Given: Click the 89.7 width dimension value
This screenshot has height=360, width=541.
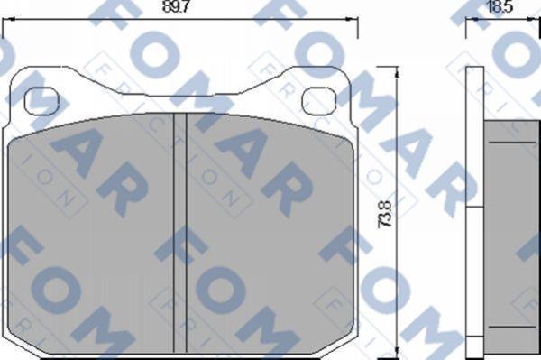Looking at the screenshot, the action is (175, 6).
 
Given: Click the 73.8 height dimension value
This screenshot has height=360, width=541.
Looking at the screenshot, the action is (385, 214).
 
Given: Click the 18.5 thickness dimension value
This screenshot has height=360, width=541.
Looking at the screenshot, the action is (500, 6).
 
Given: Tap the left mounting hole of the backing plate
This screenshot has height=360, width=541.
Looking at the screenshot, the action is (41, 101).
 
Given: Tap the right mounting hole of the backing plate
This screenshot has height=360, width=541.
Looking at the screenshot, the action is (319, 101).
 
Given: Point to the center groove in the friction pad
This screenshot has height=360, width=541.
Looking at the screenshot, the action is (180, 233).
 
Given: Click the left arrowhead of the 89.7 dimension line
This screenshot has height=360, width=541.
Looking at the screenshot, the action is (7, 18).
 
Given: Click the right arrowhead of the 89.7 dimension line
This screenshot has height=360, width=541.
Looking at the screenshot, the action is (353, 18).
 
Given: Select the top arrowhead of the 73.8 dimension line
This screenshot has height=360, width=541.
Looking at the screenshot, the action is (397, 72).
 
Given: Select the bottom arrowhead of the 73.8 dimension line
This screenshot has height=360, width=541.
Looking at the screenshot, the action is (397, 352).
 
